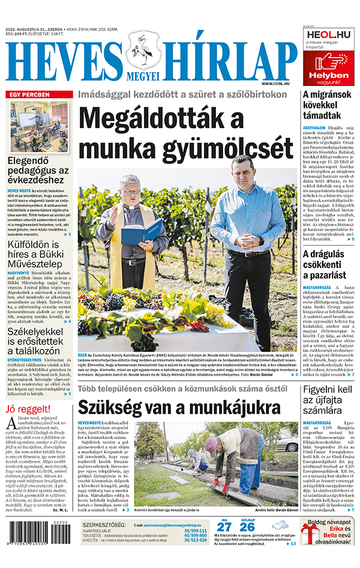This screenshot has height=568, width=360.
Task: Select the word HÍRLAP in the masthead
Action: coord(227,61)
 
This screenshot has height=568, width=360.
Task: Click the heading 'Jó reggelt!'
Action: coord(26,410)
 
